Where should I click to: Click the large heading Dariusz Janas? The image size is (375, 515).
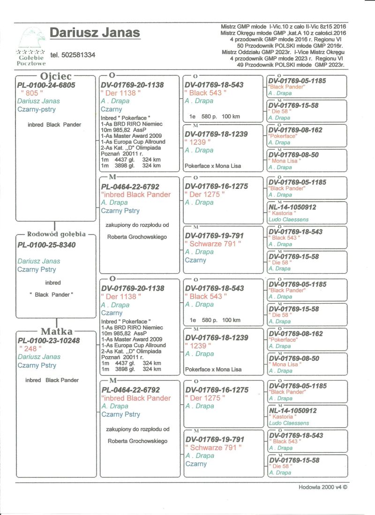coord(95,33)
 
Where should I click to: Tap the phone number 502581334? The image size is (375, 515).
coord(73,55)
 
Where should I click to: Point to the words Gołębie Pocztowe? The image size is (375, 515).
coord(31,60)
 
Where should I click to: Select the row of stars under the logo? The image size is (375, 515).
coord(31,52)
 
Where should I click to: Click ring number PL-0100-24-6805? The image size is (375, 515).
coord(46,85)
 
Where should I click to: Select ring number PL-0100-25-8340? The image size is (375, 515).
coord(46,245)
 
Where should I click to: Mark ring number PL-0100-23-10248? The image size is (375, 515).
coord(48,340)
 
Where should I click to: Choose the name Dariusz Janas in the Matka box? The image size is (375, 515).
coord(39,357)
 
